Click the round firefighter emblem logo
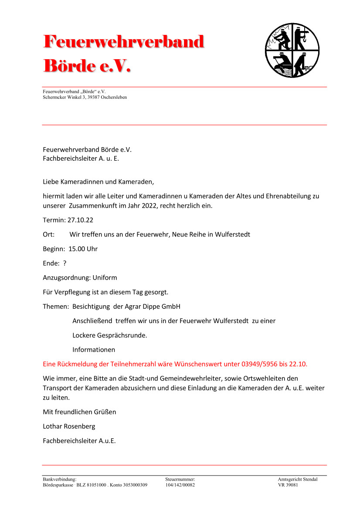click(292, 51)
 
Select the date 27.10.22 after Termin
click(81, 220)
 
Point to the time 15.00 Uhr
click(83, 249)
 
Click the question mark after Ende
click(65, 263)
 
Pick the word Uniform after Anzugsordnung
click(105, 277)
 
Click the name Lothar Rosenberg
click(69, 426)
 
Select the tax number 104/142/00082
click(180, 485)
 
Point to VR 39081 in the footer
click(288, 485)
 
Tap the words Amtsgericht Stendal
click(298, 479)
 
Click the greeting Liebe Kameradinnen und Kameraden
click(98, 181)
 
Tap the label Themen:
click(56, 306)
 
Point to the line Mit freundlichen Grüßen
click(79, 412)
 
